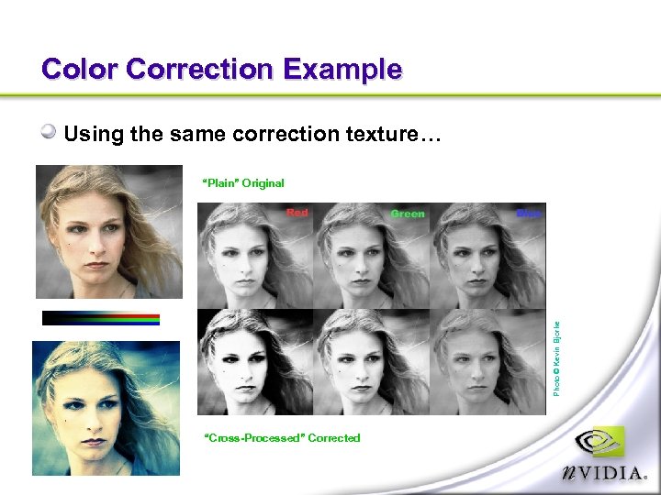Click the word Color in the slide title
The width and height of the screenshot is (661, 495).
click(x=80, y=70)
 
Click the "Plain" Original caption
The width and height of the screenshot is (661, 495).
click(x=243, y=183)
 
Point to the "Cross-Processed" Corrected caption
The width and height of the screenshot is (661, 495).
click(x=282, y=438)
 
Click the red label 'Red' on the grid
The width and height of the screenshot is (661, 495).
click(x=297, y=213)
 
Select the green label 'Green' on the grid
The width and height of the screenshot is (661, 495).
click(x=408, y=214)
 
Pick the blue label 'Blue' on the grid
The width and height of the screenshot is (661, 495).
click(x=529, y=214)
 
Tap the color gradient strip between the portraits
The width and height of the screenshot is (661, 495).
click(x=101, y=318)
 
